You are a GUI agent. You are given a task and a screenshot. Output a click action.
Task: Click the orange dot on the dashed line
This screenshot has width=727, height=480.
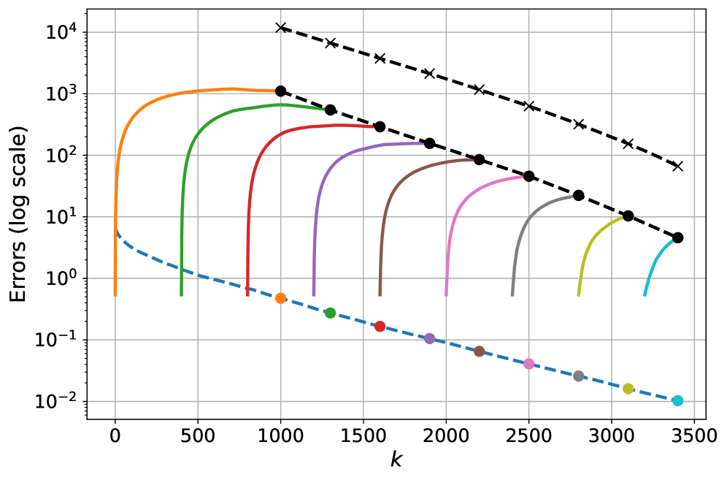pos(280,298)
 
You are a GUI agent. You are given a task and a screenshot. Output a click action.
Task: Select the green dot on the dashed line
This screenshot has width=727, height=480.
pos(330,313)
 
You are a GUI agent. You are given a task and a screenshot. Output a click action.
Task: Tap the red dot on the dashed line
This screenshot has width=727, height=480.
pos(380,327)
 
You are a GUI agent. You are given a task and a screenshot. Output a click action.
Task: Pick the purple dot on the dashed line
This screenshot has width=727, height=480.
pos(429,338)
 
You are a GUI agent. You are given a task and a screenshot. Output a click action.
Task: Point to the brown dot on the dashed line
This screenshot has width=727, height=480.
pos(479,351)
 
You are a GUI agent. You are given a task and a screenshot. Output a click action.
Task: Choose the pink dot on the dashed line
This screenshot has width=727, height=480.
pos(528,364)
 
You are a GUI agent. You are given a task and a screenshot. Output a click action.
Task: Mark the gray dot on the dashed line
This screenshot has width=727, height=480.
pos(578,376)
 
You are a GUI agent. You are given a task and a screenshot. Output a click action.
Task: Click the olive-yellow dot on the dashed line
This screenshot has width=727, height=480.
pos(628,389)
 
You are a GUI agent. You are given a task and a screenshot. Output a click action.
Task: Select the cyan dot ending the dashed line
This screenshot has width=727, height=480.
pos(677,400)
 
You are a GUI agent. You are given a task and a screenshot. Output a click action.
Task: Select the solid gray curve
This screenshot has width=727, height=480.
pos(540,205)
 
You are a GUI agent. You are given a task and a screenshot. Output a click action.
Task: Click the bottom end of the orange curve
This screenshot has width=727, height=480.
pos(115,294)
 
